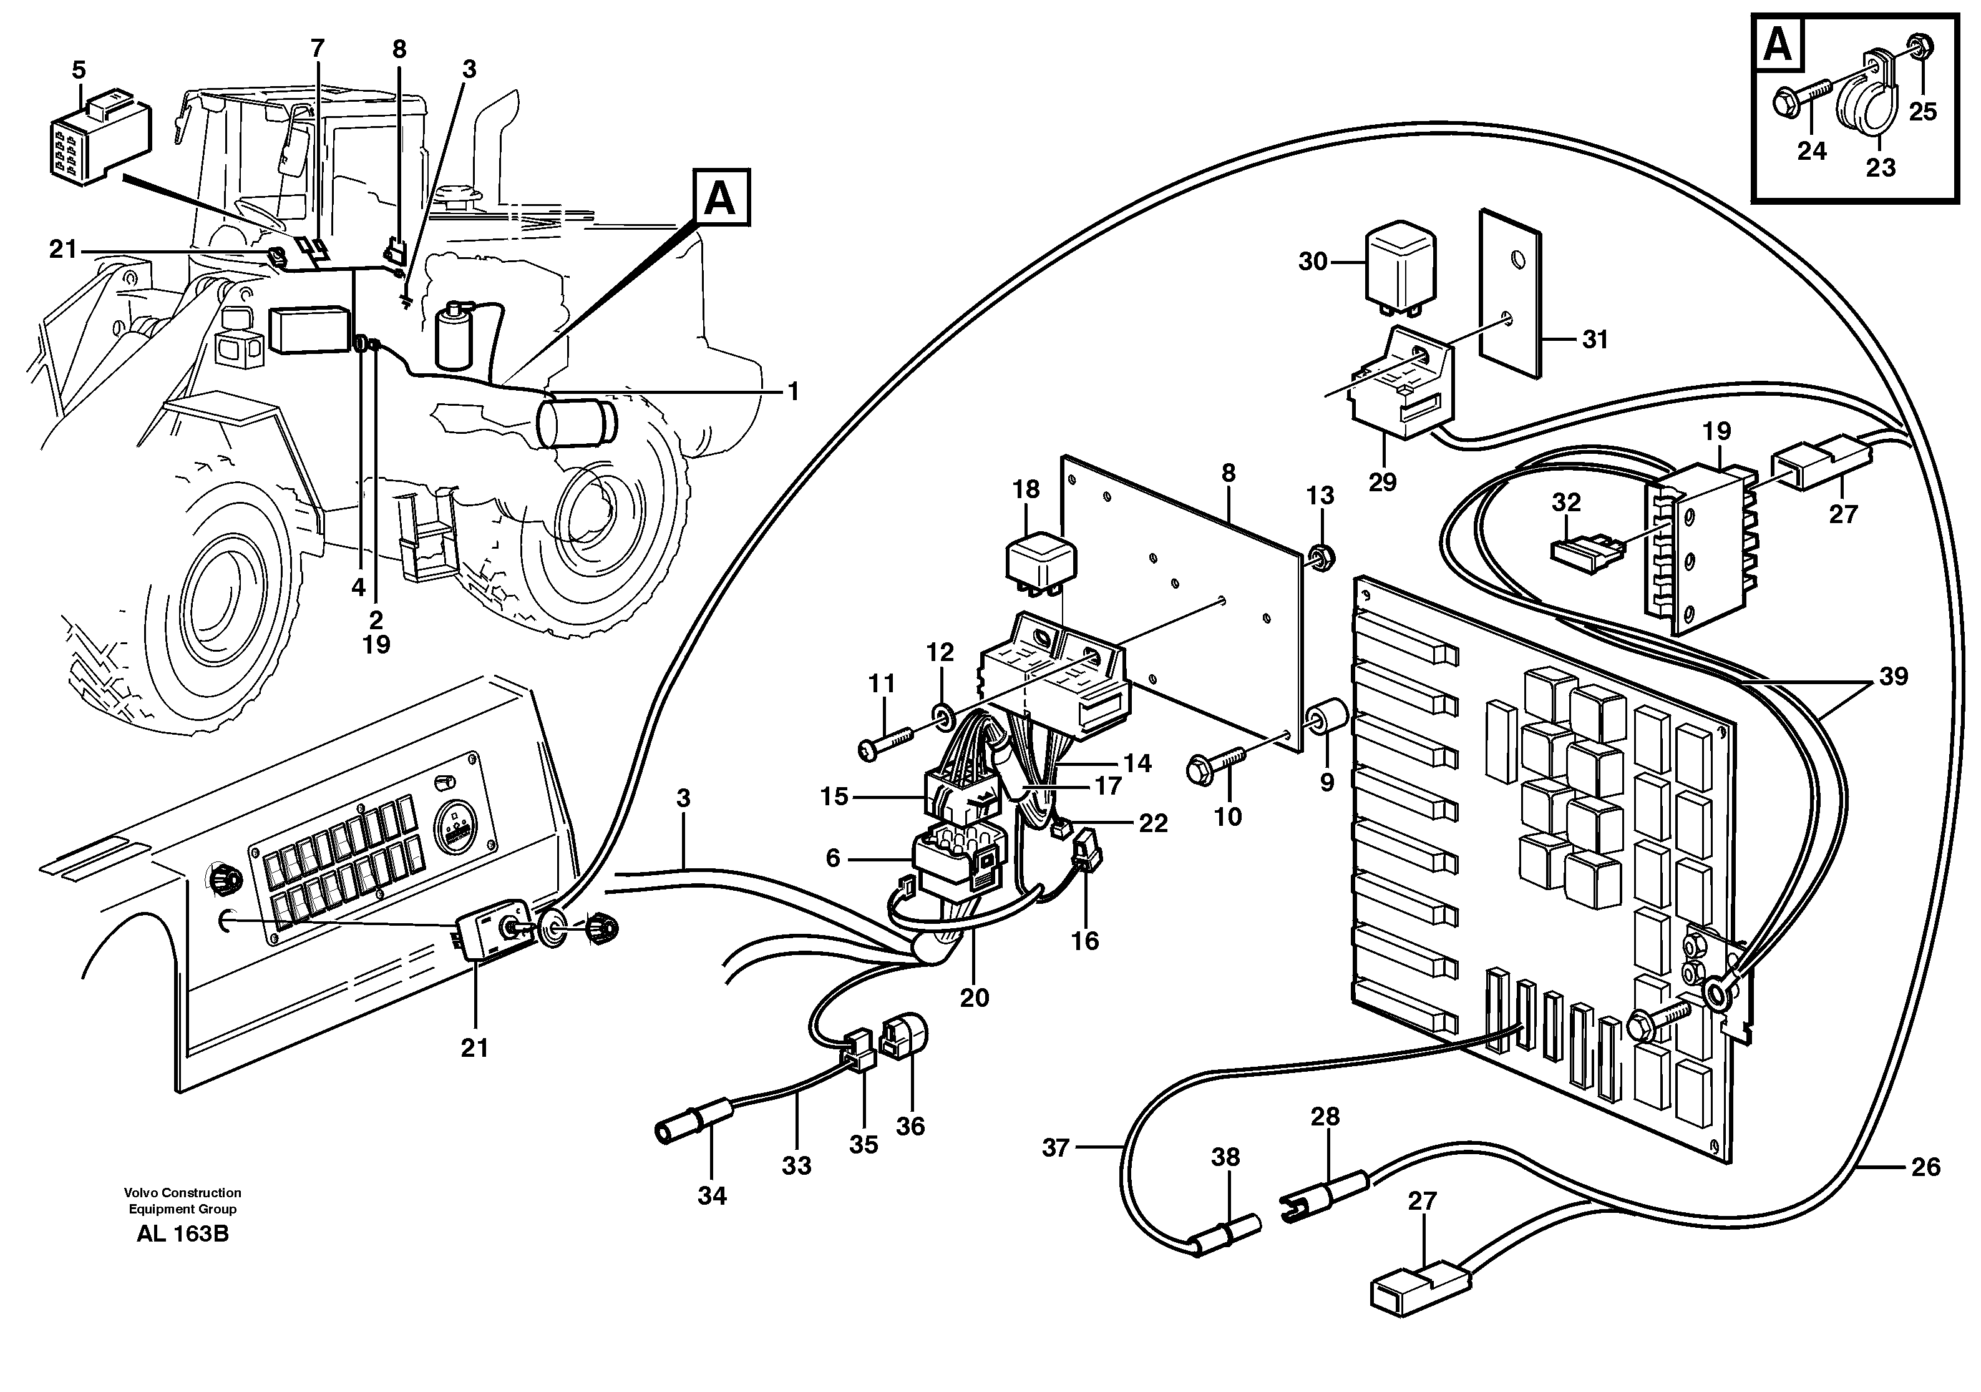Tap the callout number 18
[x=1026, y=489]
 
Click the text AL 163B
[x=182, y=1234]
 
